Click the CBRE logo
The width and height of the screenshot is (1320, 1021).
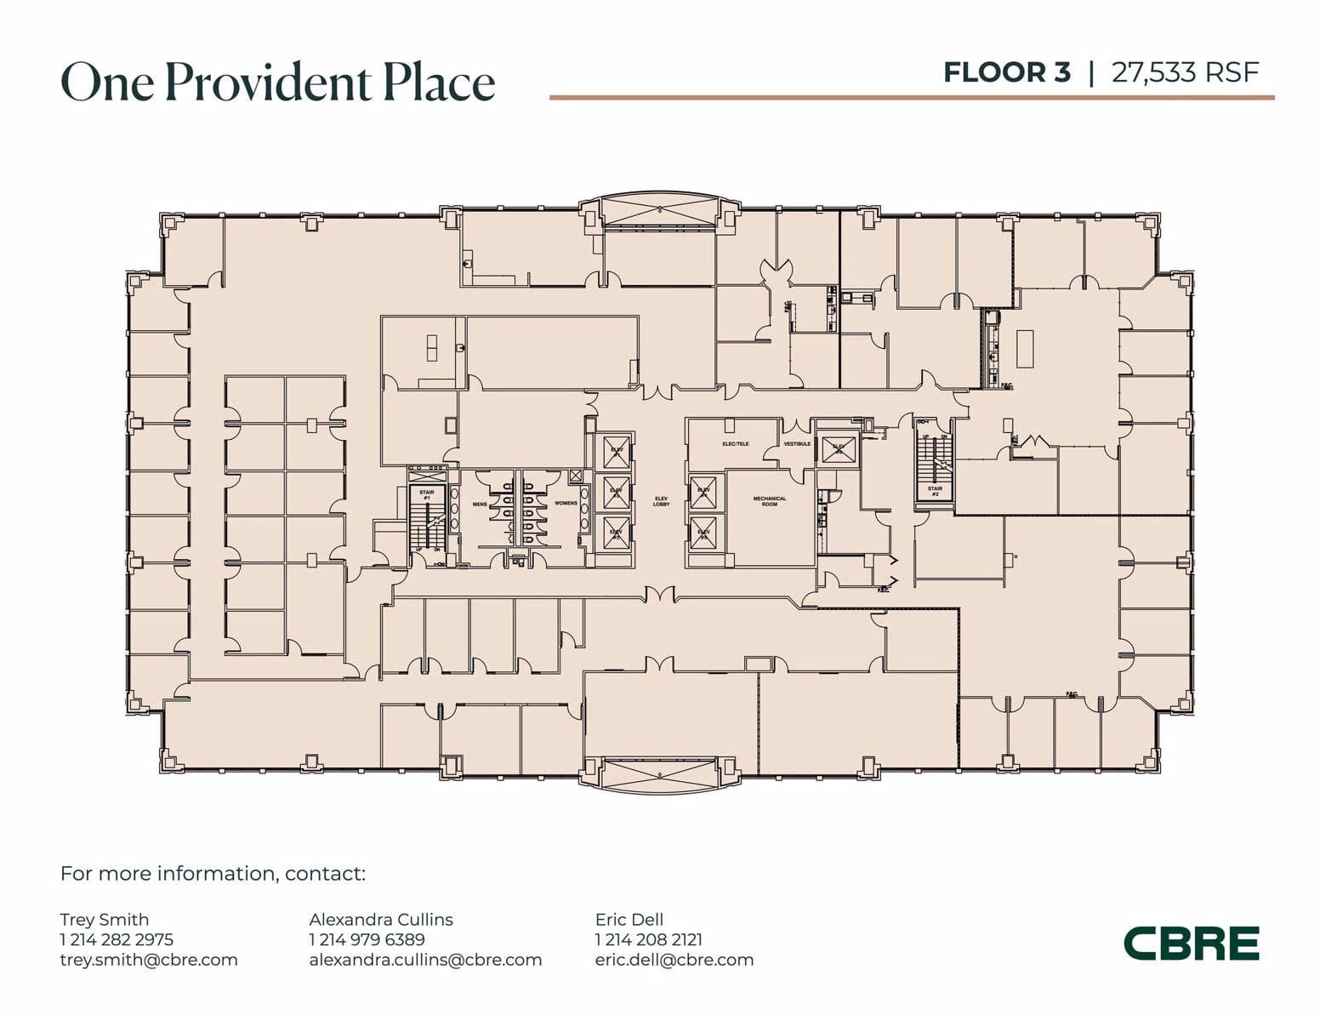(1191, 944)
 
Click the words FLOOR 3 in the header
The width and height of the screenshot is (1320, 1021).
(1006, 72)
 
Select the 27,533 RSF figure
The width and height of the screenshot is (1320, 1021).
(1185, 72)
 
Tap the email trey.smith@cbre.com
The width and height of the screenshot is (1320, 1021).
(149, 960)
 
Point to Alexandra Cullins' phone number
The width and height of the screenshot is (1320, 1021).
(367, 939)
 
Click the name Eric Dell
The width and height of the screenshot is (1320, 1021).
(629, 919)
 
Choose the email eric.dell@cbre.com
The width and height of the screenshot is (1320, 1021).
(674, 960)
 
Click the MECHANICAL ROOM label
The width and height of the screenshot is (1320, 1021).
(770, 501)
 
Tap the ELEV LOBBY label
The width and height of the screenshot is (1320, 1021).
(662, 501)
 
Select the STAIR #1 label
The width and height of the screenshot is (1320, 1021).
(426, 494)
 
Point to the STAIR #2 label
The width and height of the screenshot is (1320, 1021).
(935, 491)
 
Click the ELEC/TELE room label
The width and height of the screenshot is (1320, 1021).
(736, 444)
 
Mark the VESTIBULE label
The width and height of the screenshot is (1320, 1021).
(797, 444)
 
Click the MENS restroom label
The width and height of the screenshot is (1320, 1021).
(480, 504)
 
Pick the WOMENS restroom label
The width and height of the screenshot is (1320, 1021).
(566, 504)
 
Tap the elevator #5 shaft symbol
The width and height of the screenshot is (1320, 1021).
(704, 533)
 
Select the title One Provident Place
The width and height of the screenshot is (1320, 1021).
(278, 83)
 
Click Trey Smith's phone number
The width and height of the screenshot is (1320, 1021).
(117, 939)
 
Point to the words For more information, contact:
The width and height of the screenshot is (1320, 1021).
(213, 874)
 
